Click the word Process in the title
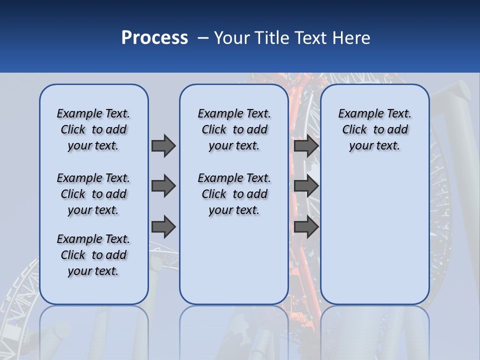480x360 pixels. [154, 38]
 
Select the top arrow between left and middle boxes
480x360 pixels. [163, 145]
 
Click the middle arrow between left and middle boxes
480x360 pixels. [163, 186]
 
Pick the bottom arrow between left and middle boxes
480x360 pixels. [163, 227]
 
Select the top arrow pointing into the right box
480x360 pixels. [306, 145]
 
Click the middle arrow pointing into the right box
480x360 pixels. [306, 186]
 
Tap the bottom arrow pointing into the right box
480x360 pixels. [306, 227]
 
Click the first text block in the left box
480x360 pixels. [93, 129]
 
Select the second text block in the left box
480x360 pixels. [93, 194]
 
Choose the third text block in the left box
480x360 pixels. [93, 255]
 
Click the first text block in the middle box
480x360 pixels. [234, 129]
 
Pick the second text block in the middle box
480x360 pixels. [234, 194]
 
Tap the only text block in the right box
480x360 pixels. [374, 129]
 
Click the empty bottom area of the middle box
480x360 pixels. [234, 265]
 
